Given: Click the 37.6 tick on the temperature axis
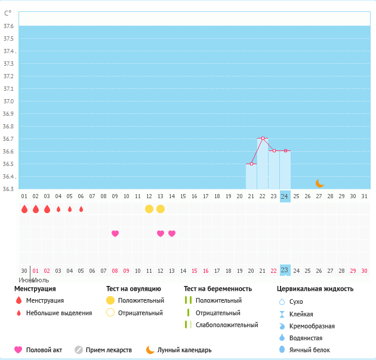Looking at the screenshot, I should coord(8,26).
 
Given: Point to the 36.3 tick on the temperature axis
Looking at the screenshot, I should coord(8,189).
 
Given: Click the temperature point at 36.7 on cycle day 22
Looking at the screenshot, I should coord(263,139).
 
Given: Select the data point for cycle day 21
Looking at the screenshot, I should coord(251,164).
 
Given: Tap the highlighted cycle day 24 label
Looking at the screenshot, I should coord(285,196).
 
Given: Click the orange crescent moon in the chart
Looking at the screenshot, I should coord(319,183).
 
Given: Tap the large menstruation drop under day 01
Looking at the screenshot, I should coord(24,209).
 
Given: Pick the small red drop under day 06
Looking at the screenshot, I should coord(81,209).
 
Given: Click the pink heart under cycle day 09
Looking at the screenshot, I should coord(115,233).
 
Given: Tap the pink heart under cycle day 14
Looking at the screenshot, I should coord(172,233).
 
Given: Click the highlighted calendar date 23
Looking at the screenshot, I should coord(285,270).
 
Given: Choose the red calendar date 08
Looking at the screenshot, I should coord(115,270).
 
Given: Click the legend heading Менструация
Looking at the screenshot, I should coord(35,289).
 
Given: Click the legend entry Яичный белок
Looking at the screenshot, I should coord(309,350).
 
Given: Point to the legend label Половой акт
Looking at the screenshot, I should coord(44,350).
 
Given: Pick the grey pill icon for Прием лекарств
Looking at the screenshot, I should coord(79,350).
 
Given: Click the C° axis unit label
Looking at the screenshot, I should coord(8,13).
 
